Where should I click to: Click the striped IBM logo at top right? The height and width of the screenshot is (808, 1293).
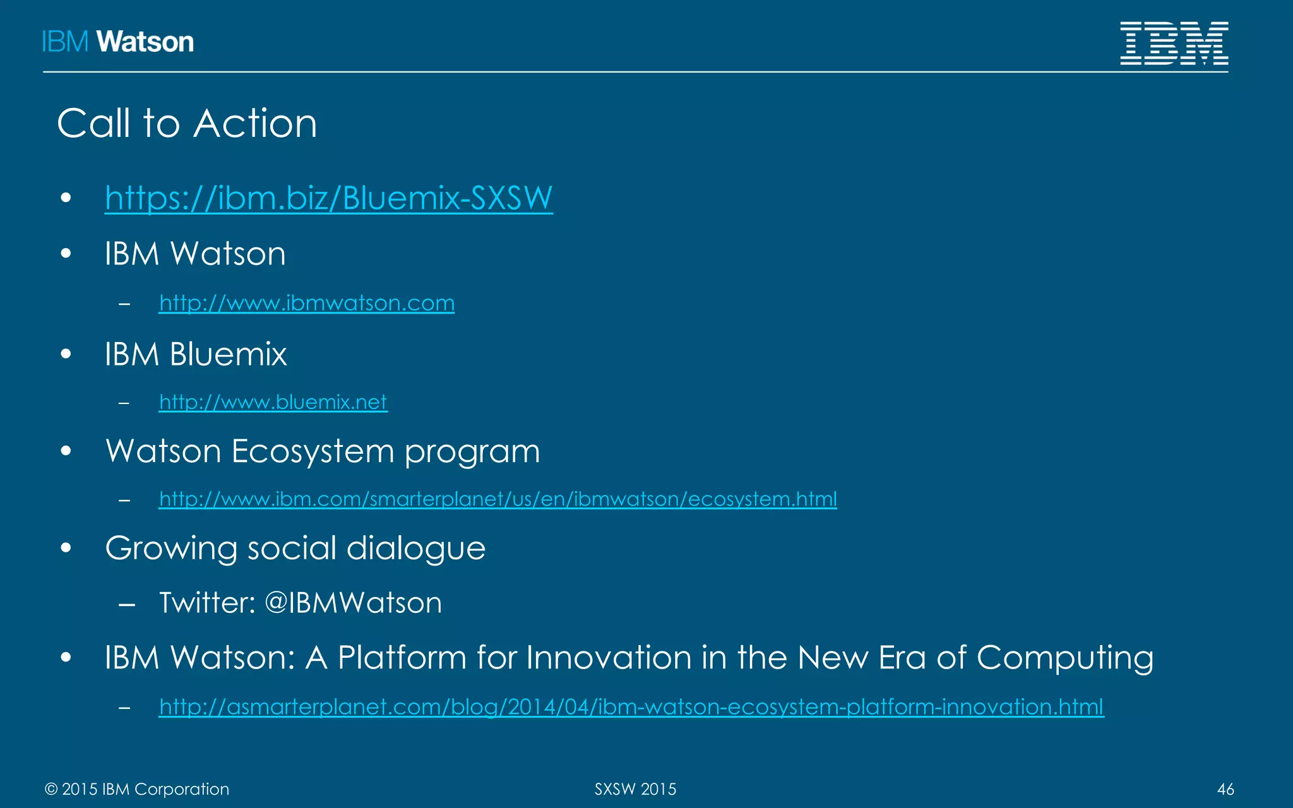[1174, 43]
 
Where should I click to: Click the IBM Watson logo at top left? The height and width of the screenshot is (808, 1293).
[118, 42]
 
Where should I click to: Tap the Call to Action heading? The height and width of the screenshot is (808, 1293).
[187, 123]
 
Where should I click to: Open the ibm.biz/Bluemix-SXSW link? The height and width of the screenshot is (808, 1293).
[328, 198]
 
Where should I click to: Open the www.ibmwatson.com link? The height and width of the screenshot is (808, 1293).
[306, 303]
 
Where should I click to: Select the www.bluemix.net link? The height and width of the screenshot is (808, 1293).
[273, 402]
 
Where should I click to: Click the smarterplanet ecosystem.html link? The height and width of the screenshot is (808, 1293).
[498, 499]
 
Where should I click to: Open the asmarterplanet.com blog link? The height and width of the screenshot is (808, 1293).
[631, 707]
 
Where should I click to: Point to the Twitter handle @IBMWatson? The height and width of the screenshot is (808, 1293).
[354, 603]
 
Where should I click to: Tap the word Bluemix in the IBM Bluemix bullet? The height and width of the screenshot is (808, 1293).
[228, 354]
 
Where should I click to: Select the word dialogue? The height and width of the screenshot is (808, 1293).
[416, 549]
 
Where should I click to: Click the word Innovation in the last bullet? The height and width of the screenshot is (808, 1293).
[609, 658]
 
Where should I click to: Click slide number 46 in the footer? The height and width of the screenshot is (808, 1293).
[1225, 789]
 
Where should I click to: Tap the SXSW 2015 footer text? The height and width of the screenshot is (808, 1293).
[635, 789]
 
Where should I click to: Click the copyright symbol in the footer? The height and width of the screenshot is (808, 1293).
[51, 790]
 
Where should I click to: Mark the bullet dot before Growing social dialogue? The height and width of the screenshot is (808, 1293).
[66, 548]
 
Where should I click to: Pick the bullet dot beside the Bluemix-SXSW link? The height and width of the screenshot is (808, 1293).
[66, 198]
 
